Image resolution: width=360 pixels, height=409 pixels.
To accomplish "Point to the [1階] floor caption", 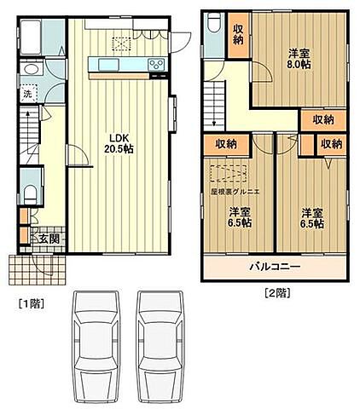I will point(32,302).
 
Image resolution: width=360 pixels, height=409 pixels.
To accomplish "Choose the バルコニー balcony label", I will point(275,267).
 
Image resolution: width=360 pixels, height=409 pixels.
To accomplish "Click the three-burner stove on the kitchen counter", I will point(158,65).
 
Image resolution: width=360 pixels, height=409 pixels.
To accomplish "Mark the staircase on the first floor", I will point(28,136).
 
